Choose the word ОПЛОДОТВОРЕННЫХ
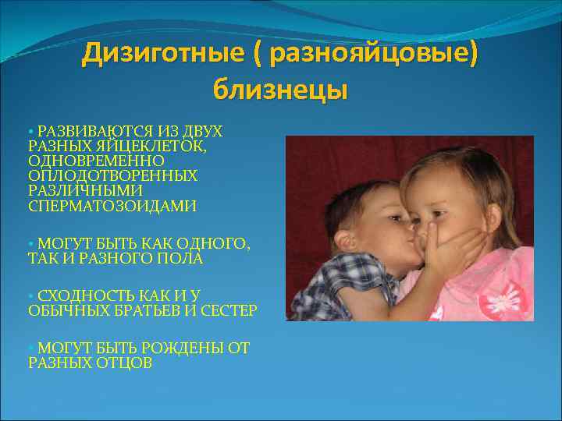[x=113, y=175]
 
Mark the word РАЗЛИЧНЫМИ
[x=86, y=190]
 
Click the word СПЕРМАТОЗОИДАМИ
[x=112, y=206]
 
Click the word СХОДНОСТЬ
[x=88, y=295]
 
